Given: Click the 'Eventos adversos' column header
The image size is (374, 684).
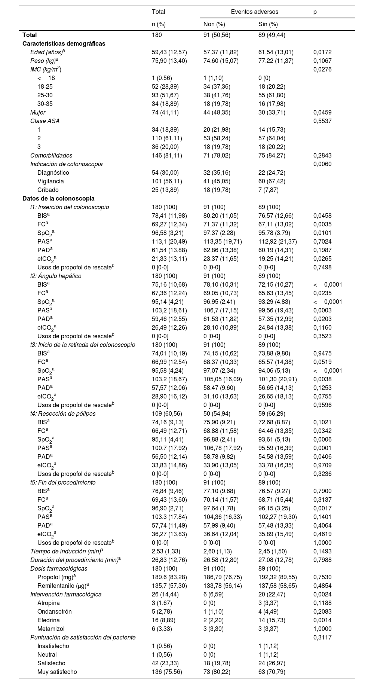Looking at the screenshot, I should pos(254,12).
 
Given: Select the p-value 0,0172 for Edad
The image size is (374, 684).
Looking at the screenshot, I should pos(322,52).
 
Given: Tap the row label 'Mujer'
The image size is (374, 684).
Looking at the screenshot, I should pos(38,113).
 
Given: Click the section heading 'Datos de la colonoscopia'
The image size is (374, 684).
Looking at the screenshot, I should pos(58,199).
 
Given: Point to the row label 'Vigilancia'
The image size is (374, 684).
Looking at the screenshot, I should pos(50,181).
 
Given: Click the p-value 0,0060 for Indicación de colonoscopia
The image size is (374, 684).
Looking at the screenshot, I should pos(322,164).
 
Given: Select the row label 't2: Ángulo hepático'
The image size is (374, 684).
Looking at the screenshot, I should pos(56,276).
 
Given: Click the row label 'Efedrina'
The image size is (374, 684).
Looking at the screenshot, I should pos(49,620).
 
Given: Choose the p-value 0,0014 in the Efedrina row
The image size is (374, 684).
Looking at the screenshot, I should pos(322,620).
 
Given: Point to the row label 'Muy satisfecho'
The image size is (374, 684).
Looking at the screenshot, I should pos(57,672).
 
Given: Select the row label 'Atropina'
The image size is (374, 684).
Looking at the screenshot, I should pos(49,603).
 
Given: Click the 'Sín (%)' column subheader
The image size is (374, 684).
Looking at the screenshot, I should pos(268,24).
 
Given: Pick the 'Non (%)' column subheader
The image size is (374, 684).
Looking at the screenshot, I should pos(214,24).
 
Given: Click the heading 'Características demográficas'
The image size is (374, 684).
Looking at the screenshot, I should pos(64,44).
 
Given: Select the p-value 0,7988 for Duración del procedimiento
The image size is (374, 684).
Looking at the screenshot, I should pos(322,560).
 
